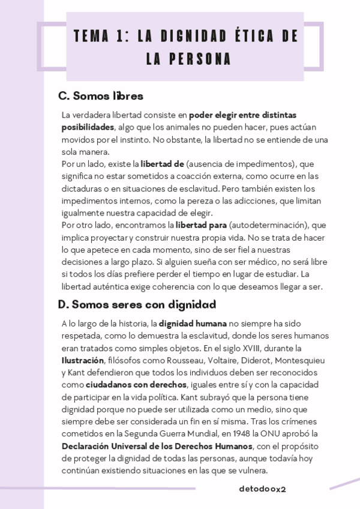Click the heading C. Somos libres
[x=101, y=96]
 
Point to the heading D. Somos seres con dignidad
[x=137, y=304]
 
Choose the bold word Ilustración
[x=83, y=360]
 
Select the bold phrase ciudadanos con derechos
[x=136, y=385]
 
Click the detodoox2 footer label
[x=262, y=489]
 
